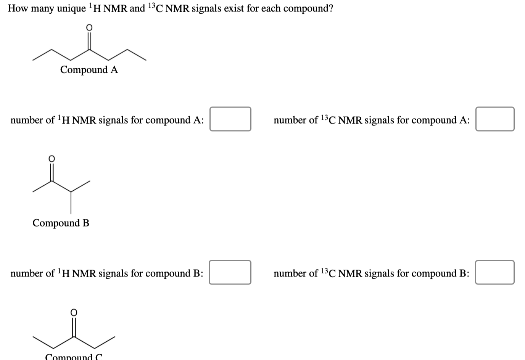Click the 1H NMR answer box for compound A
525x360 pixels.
230,119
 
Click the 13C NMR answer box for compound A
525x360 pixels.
494,119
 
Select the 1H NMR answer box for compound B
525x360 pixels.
230,272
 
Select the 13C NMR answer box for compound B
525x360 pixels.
494,272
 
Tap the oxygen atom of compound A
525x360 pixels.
89,27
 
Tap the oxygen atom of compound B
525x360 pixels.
52,158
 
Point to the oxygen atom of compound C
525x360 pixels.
74,312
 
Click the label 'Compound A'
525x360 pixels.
89,70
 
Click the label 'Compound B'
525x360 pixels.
61,223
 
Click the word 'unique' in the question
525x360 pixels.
71,8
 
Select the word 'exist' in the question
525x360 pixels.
234,8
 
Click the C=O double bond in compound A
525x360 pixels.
89,41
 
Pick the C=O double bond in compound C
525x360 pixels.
74,325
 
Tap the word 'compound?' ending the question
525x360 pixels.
308,8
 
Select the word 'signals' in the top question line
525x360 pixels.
206,8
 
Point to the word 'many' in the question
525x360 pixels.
42,8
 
